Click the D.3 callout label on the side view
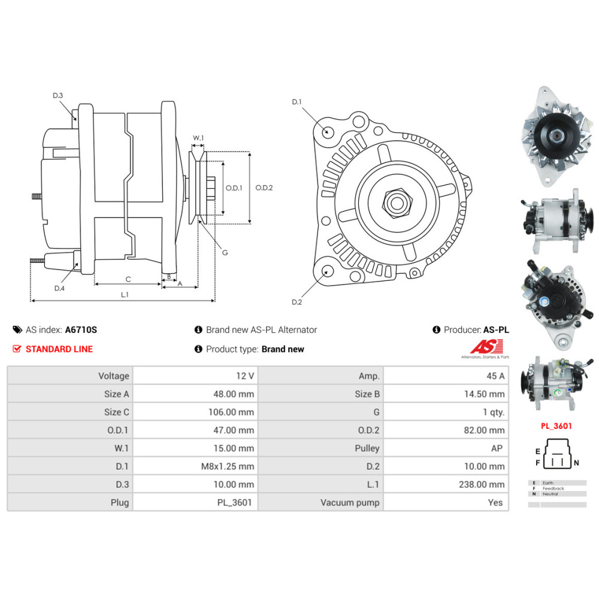click(x=58, y=96)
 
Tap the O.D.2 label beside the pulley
click(x=264, y=187)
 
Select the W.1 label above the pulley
click(x=198, y=138)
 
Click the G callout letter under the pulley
click(x=225, y=252)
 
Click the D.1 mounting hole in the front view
click(x=327, y=132)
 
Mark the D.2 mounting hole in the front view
click(x=327, y=271)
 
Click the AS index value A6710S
click(x=80, y=329)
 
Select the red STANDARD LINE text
click(x=59, y=349)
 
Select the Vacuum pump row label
click(x=350, y=502)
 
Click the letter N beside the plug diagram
click(x=576, y=463)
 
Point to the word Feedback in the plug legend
click(x=552, y=488)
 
